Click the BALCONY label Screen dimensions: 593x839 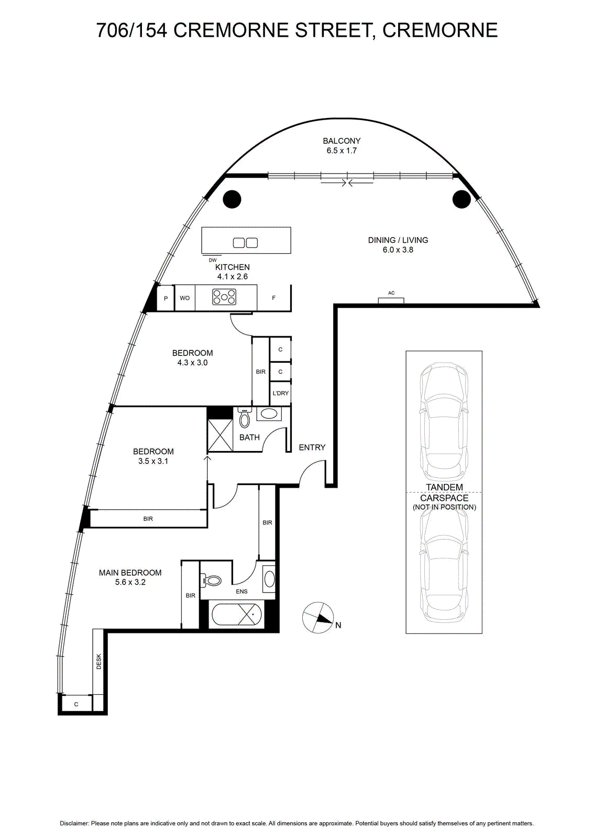(342, 141)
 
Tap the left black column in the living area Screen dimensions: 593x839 (232, 199)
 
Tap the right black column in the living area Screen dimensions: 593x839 (462, 199)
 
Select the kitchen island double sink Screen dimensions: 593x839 (246, 243)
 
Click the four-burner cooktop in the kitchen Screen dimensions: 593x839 (224, 297)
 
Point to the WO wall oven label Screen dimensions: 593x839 (185, 298)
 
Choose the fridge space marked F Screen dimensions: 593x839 (274, 298)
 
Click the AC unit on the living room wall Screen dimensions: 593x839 (391, 300)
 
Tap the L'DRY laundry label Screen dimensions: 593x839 (280, 393)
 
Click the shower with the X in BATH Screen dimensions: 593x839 (220, 435)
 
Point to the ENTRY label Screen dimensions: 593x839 (312, 447)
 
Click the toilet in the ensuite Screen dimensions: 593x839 (212, 580)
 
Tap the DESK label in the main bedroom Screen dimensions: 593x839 (99, 661)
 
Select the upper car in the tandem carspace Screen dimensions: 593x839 (444, 422)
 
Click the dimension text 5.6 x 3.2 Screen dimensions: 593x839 (130, 582)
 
